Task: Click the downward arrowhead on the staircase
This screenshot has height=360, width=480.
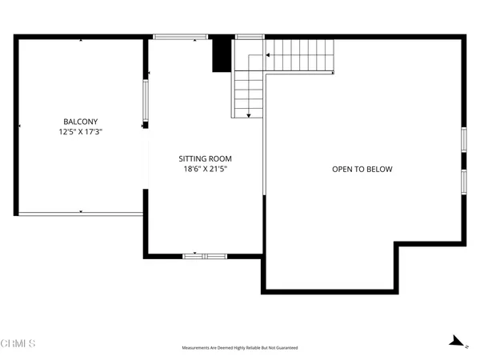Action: [249, 115]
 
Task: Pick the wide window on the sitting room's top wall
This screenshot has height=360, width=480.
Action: [180, 36]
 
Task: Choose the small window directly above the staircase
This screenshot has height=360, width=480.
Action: [250, 36]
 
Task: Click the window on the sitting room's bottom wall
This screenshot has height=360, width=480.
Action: [205, 256]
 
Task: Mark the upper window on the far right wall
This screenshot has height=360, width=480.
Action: [463, 138]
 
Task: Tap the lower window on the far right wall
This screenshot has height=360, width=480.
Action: [463, 181]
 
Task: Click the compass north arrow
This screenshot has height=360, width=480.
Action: [457, 342]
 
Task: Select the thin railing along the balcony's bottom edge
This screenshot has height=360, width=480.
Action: [80, 214]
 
